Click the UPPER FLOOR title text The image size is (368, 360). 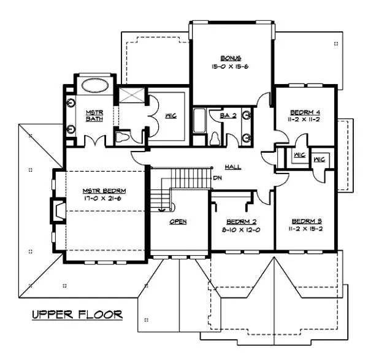click(x=77, y=315)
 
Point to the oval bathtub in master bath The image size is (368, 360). click(x=94, y=86)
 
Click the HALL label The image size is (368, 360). click(x=232, y=166)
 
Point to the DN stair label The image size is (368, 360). click(x=217, y=178)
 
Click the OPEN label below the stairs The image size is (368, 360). click(x=178, y=221)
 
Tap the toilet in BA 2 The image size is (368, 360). click(x=216, y=138)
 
